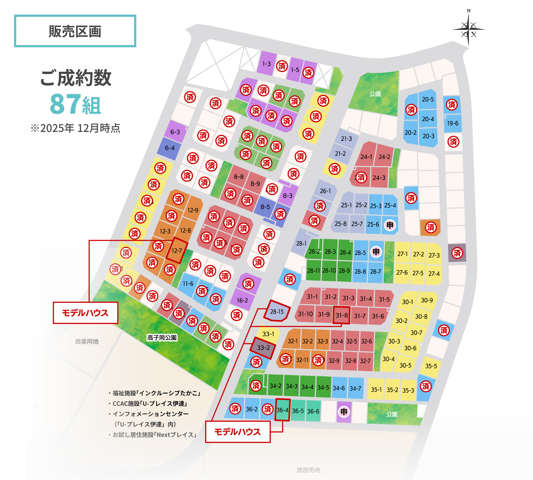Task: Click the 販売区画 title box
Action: click(x=75, y=31)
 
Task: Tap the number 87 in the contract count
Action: click(x=65, y=104)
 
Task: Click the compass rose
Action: click(x=469, y=29)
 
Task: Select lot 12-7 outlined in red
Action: click(x=177, y=250)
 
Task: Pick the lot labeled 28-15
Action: click(x=277, y=311)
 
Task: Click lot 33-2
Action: click(x=263, y=348)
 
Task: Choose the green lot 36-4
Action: click(x=282, y=410)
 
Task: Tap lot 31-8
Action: click(x=341, y=315)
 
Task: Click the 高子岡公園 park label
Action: click(x=162, y=338)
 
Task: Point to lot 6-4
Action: click(x=170, y=148)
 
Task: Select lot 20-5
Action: click(x=427, y=99)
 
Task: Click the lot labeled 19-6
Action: click(x=453, y=123)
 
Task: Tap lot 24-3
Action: click(x=379, y=178)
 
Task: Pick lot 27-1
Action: click(x=402, y=254)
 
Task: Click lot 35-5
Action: click(x=431, y=366)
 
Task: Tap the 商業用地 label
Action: click(x=87, y=342)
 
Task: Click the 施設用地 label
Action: click(x=308, y=470)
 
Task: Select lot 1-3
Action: click(x=266, y=64)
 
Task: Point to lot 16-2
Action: click(x=242, y=301)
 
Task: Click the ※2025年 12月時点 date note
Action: click(x=75, y=128)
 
